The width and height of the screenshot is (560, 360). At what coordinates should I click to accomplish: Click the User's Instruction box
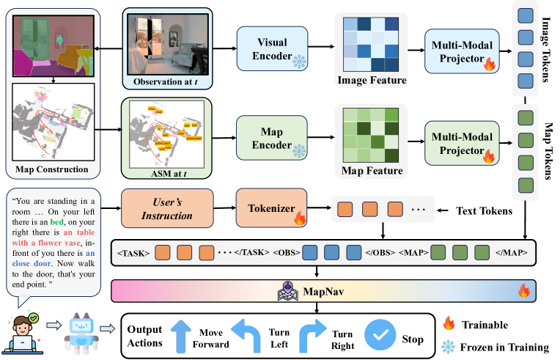[x=173, y=210]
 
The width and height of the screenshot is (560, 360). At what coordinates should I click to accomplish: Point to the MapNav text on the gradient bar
[x=325, y=291]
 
